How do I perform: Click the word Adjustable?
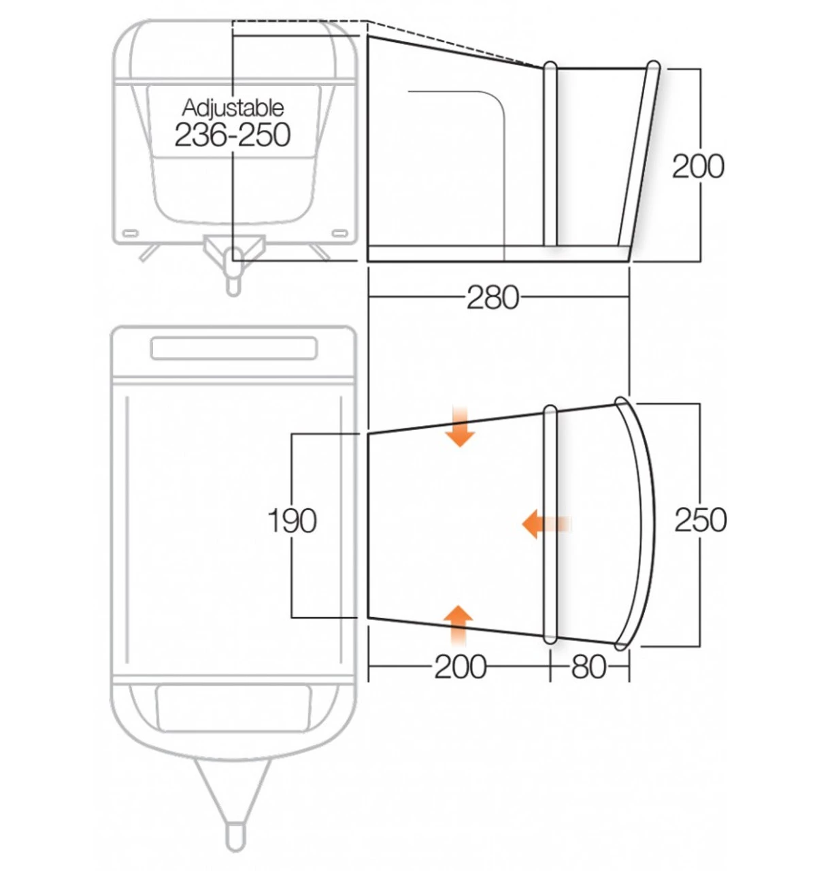click(233, 108)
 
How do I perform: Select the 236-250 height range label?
click(233, 135)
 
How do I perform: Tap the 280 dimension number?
click(493, 297)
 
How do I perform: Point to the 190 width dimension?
click(292, 521)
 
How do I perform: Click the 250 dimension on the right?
click(700, 520)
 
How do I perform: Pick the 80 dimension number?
click(588, 667)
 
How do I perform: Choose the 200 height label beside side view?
click(698, 166)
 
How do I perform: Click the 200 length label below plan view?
click(461, 667)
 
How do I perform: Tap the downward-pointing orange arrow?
click(461, 428)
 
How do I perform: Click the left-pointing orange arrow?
click(545, 524)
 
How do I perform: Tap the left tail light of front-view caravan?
click(129, 234)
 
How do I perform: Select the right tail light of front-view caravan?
click(338, 234)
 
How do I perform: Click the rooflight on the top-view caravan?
click(233, 348)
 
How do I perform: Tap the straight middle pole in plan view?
click(550, 524)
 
